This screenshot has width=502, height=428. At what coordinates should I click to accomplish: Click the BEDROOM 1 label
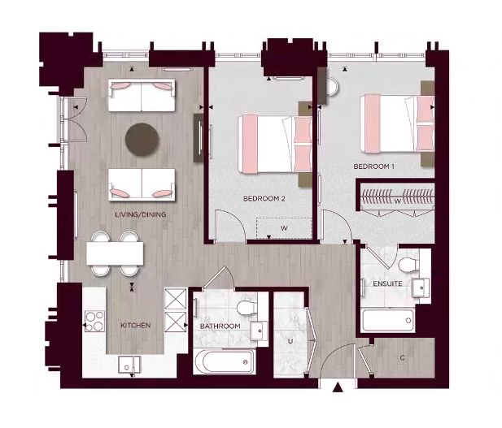[x=373, y=166]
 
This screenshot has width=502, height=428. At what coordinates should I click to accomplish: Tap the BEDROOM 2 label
[x=264, y=198]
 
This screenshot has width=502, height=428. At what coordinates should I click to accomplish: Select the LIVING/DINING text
[x=140, y=214]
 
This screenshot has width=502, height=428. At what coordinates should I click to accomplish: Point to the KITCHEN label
[x=135, y=326]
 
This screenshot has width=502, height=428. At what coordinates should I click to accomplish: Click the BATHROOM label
[x=220, y=326]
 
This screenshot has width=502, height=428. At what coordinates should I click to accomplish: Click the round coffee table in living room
[x=142, y=139]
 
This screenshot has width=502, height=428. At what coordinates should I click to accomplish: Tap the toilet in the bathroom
[x=245, y=307]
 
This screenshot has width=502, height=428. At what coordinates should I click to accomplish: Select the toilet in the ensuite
[x=406, y=263]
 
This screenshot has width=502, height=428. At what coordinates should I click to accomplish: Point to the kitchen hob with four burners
[x=94, y=320]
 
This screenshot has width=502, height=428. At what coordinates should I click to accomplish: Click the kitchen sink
[x=128, y=365]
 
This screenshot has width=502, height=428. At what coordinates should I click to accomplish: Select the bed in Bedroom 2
[x=274, y=143]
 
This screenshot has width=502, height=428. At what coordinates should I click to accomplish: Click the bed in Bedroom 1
[x=396, y=122]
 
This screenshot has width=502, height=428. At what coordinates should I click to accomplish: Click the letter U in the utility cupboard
[x=289, y=342]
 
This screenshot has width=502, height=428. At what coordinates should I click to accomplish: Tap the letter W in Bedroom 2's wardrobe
[x=284, y=229]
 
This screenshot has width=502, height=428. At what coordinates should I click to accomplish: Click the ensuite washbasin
[x=421, y=287]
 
